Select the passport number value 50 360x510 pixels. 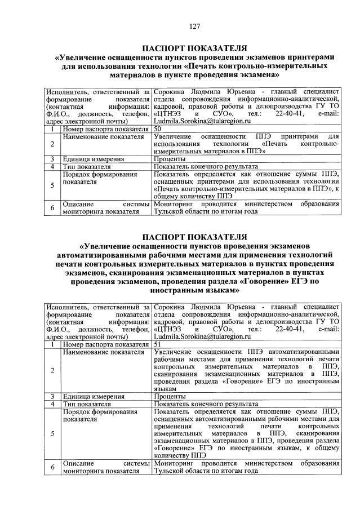[x=158, y=129]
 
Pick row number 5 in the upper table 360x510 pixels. [x=51, y=184]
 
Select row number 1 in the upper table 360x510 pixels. [x=51, y=129]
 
